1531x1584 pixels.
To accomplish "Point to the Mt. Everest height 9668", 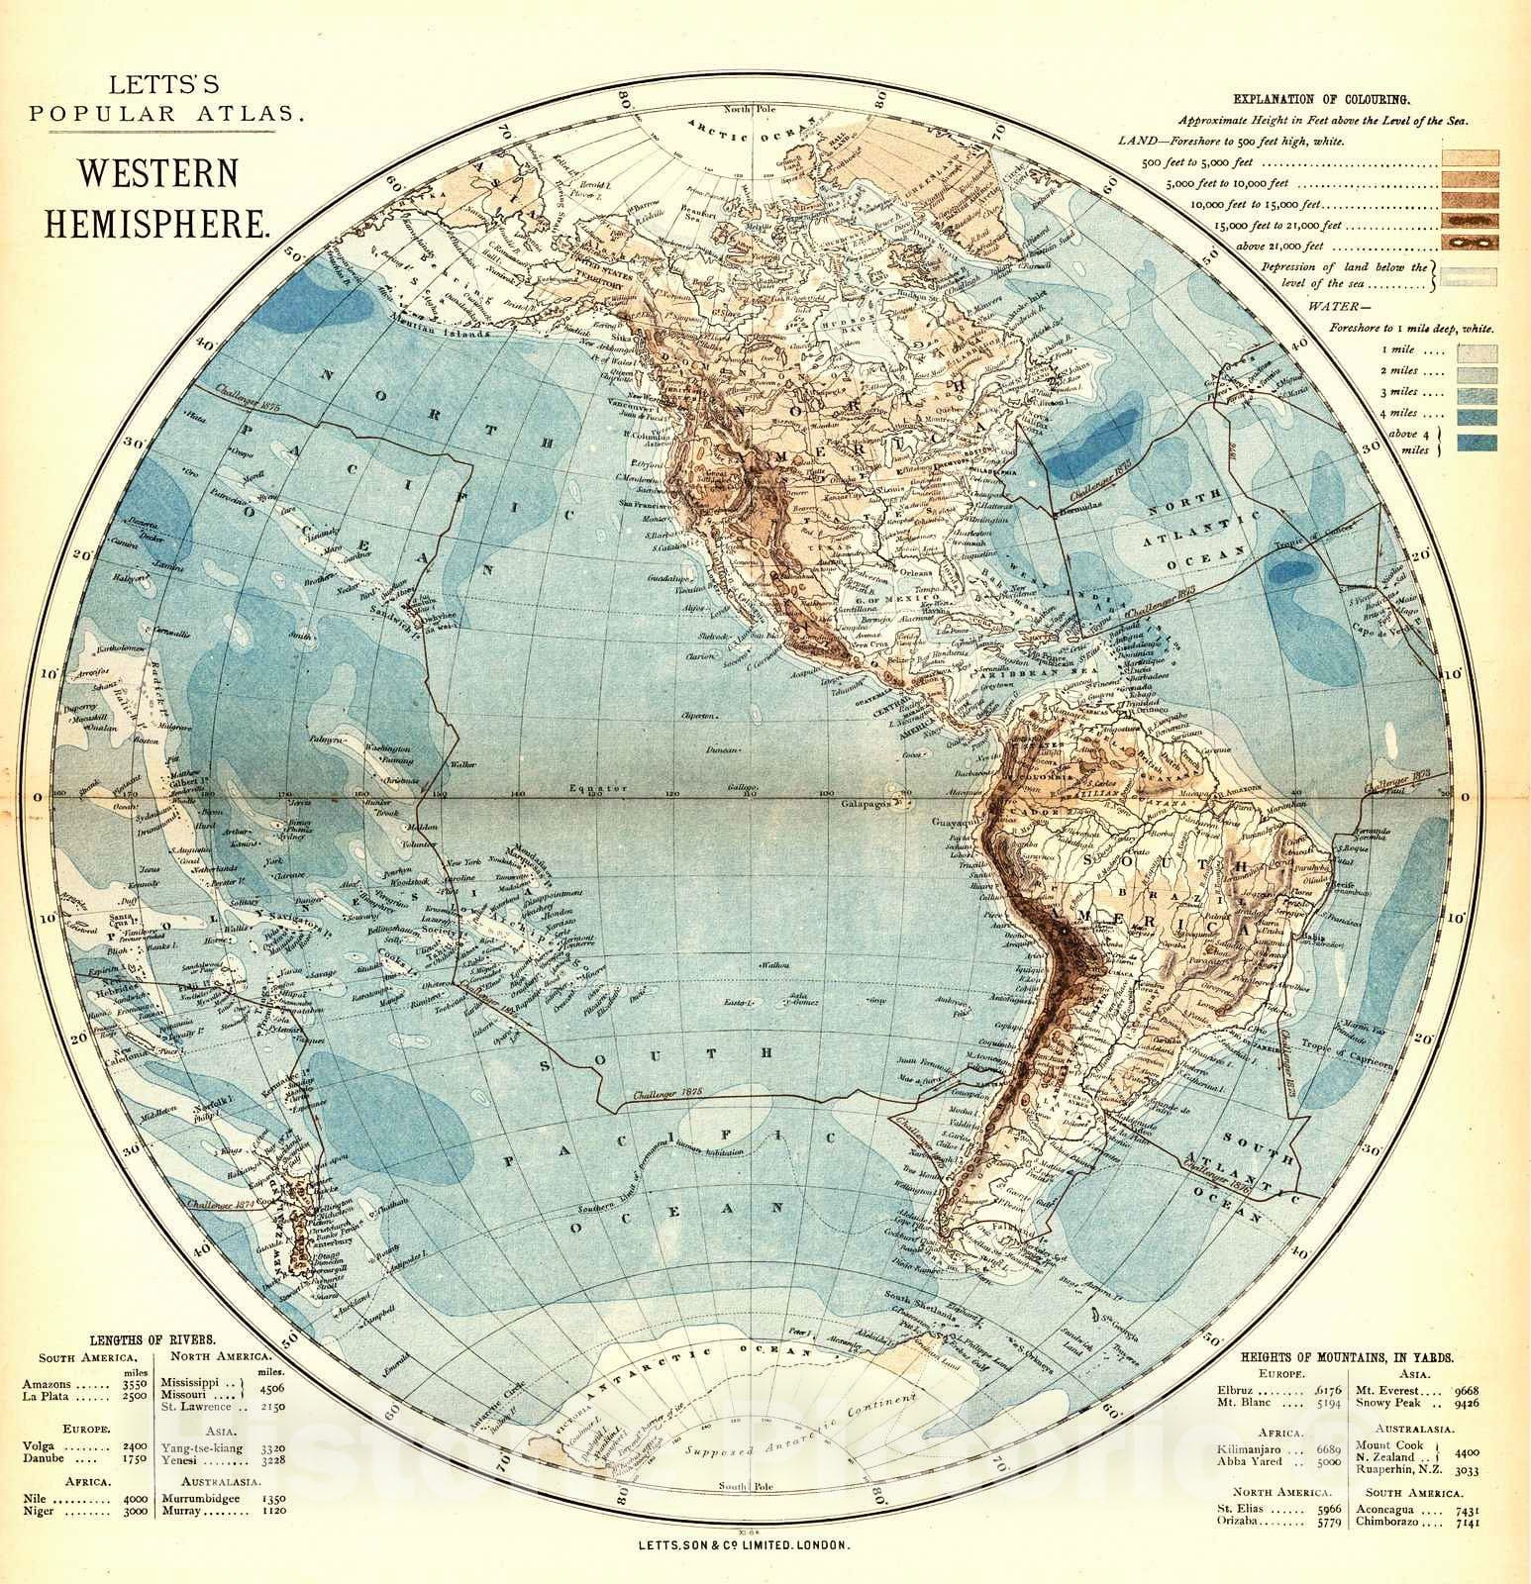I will click(x=1461, y=1389).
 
